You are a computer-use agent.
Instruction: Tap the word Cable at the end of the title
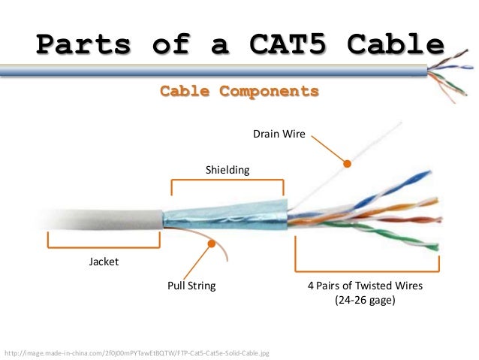pyautogui.click(x=396, y=45)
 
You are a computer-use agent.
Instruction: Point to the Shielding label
pyautogui.click(x=227, y=171)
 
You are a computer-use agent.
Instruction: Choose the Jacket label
pyautogui.click(x=104, y=262)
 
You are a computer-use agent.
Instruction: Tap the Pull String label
pyautogui.click(x=191, y=286)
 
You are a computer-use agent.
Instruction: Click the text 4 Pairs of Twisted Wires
pyautogui.click(x=366, y=286)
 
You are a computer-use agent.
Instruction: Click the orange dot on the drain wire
pyautogui.click(x=347, y=163)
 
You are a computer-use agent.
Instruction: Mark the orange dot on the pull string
pyautogui.click(x=212, y=244)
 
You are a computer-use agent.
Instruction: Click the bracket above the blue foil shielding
pyautogui.click(x=227, y=183)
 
